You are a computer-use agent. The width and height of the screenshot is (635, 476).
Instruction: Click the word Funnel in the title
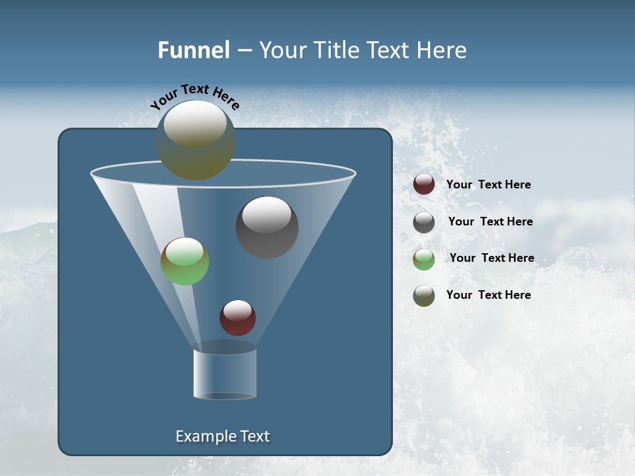tap(193, 50)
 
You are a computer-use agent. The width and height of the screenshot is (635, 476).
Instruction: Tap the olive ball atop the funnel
tap(196, 140)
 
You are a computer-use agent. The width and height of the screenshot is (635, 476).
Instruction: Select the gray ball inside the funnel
tap(267, 227)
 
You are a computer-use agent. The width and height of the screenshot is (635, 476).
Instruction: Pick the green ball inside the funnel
tap(185, 261)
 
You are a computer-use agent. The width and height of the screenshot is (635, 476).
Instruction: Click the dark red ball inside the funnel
tap(237, 318)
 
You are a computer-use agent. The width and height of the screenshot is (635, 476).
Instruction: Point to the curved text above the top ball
tap(194, 97)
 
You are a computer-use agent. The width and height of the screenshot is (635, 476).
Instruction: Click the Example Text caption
tap(222, 436)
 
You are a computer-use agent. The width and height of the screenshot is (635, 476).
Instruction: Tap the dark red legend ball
tap(424, 184)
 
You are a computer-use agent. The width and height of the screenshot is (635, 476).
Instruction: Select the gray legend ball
tap(424, 222)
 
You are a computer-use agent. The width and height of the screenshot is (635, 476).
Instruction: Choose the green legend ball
tap(424, 258)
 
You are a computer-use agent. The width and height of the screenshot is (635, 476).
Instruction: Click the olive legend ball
tap(424, 296)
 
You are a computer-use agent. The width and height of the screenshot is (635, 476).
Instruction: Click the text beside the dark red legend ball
tap(488, 185)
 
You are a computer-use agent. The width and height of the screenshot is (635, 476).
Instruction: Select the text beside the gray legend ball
tap(490, 222)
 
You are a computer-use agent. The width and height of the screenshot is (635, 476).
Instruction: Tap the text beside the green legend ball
tap(491, 258)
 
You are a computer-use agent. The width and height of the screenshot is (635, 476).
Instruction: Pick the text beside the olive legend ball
tap(488, 296)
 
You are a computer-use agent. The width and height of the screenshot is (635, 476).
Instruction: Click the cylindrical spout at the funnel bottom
tap(225, 373)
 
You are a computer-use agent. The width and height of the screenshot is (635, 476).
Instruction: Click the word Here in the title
tap(443, 50)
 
